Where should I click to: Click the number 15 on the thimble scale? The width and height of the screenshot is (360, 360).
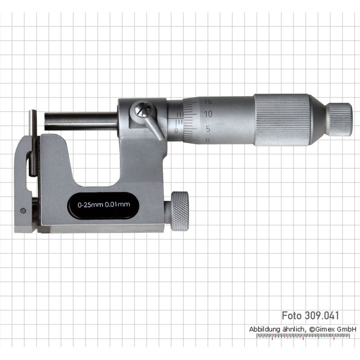point(208,102)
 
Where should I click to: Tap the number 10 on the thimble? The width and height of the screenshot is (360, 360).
point(208,114)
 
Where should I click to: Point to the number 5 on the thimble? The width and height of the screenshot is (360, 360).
point(208,129)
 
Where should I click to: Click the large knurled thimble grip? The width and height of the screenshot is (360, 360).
point(282,120)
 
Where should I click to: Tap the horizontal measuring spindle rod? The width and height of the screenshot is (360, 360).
point(81,121)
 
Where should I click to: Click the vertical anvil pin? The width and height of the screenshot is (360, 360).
point(33,143)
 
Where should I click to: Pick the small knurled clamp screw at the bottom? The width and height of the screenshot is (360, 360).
point(180,211)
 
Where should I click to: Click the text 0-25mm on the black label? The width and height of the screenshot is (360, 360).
point(90,205)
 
